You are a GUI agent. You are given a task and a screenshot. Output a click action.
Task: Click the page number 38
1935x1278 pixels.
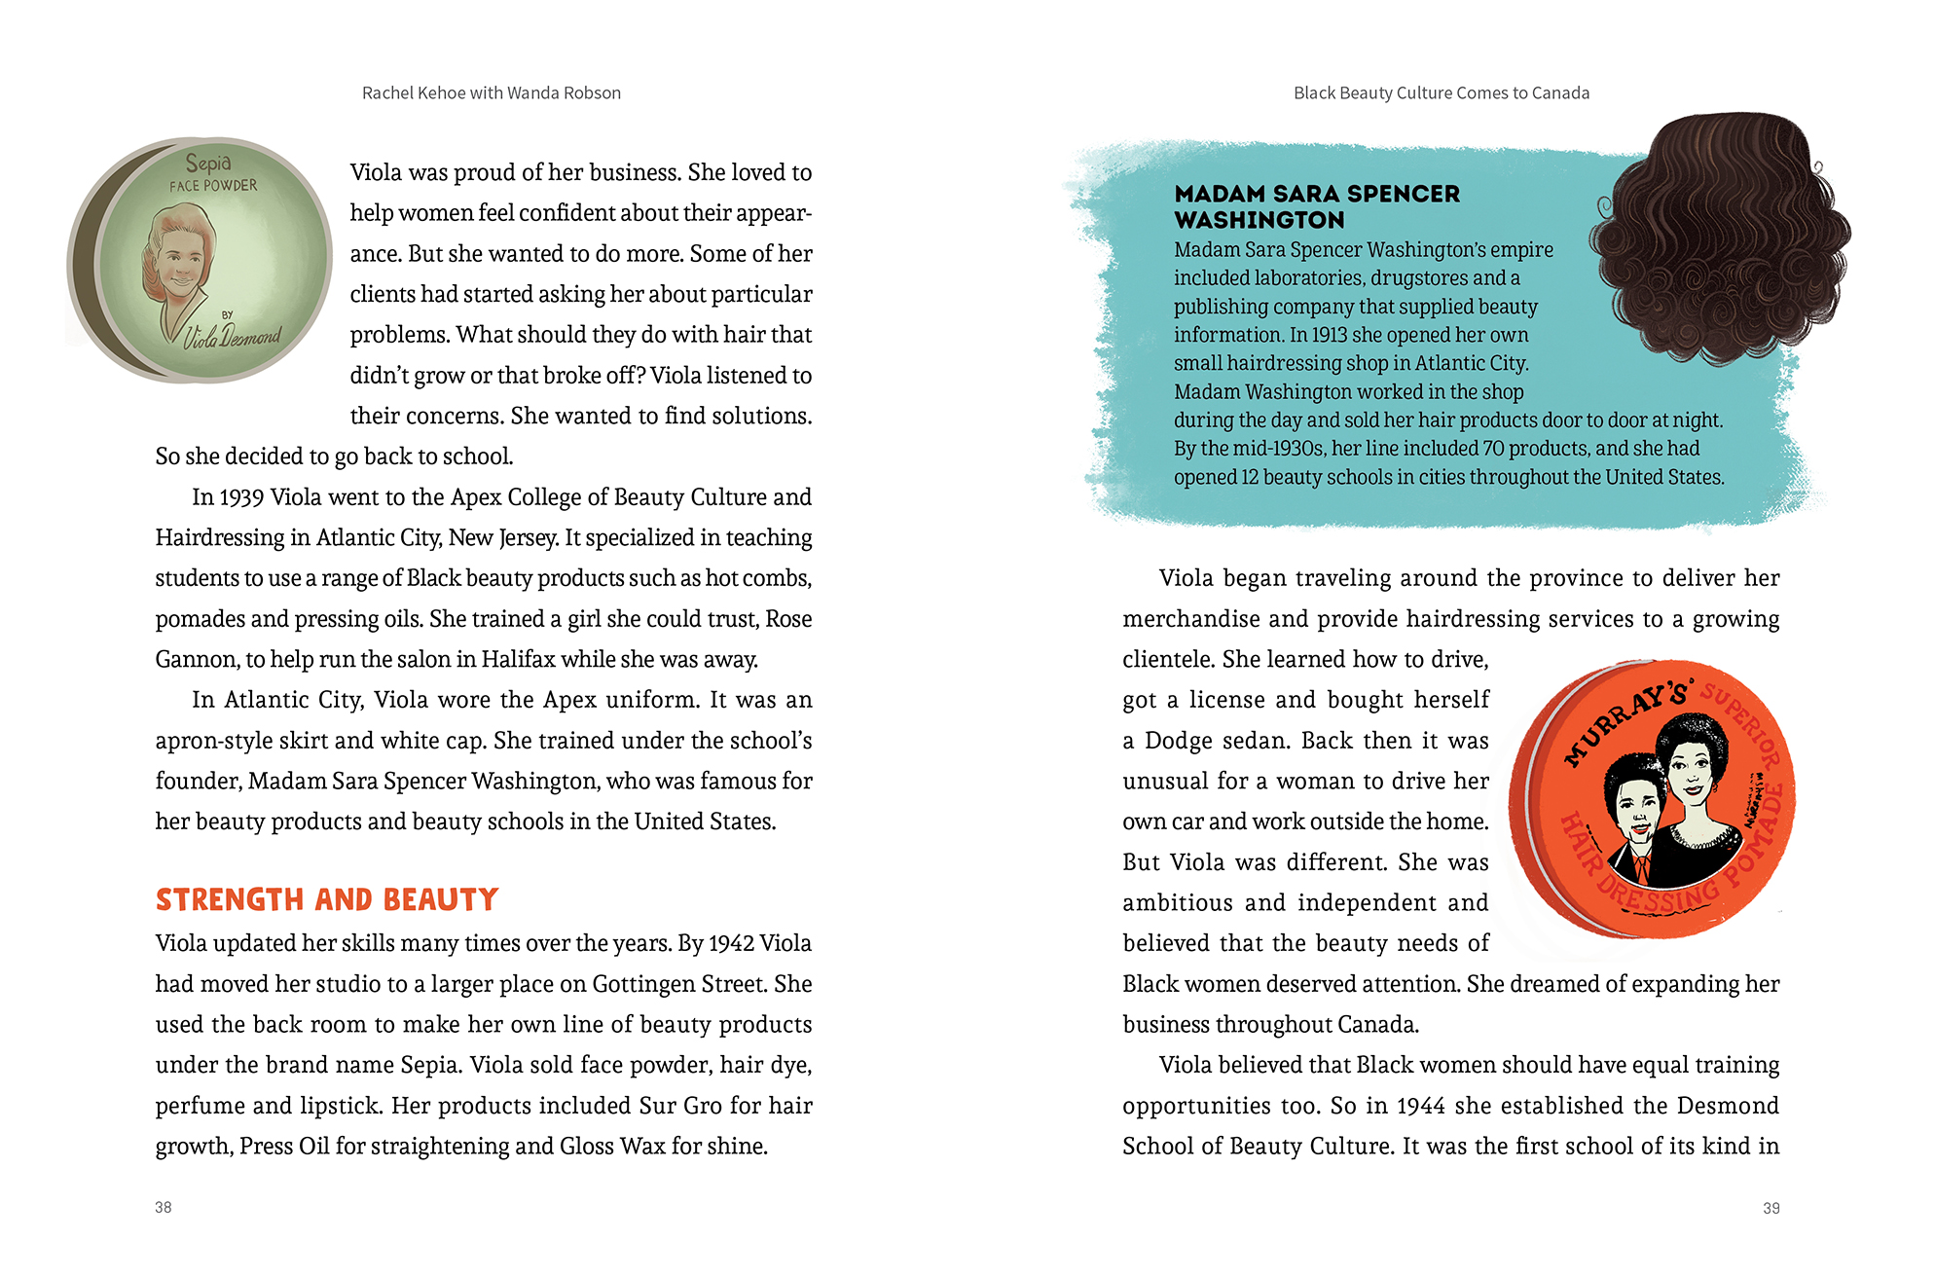coord(163,1207)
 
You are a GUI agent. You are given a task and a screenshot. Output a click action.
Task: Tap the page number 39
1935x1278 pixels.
coord(1771,1208)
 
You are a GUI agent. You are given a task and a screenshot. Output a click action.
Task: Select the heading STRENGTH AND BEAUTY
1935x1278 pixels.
coord(327,899)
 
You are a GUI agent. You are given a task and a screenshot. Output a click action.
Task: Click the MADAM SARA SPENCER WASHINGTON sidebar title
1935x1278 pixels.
coord(1317,206)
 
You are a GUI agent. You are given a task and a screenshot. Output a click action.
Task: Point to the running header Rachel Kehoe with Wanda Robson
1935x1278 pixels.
coord(491,93)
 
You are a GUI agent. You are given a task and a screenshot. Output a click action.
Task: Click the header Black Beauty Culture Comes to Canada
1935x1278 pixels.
coord(1441,93)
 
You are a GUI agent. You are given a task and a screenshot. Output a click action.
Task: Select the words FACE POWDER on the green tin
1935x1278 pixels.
coord(213,185)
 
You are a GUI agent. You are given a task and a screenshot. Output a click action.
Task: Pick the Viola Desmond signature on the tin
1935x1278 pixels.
coord(233,336)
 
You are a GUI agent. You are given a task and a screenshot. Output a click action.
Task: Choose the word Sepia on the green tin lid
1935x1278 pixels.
coord(208,163)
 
